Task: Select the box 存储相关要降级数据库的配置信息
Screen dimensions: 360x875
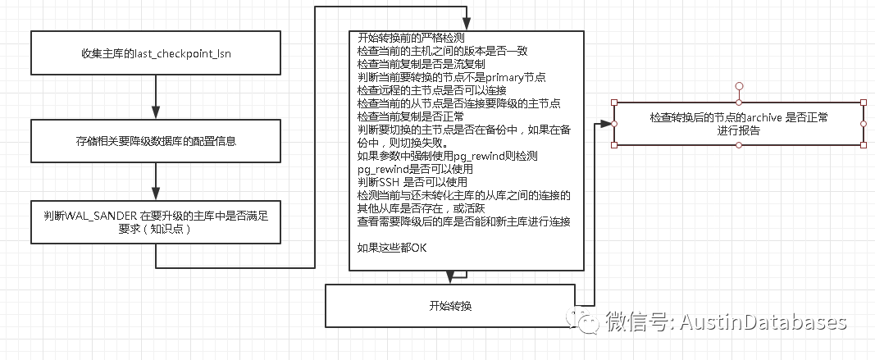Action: pos(155,142)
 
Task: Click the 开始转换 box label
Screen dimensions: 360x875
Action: pos(450,306)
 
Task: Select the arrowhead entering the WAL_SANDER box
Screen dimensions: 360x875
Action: pos(155,194)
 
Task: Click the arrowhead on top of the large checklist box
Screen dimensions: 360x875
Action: pos(466,25)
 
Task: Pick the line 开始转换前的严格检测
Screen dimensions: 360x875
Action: pos(412,39)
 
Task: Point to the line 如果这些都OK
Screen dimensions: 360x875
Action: pos(393,247)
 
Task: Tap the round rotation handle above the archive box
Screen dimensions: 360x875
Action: pos(739,85)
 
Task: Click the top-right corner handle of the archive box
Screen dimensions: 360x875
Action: pos(863,103)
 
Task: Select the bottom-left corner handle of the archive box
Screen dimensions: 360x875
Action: pos(615,145)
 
